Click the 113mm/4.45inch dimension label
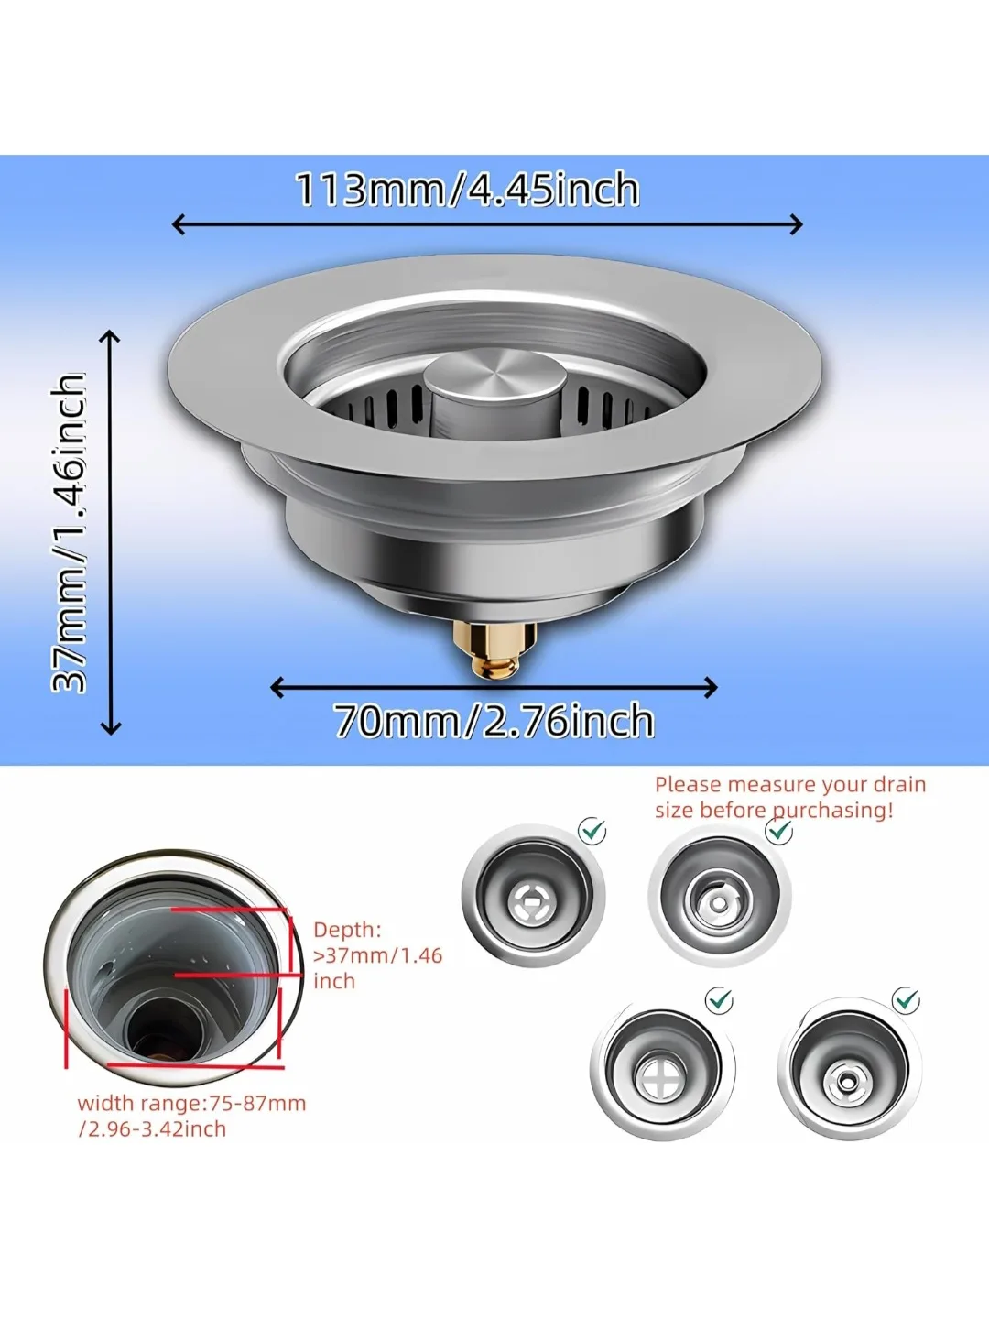467,190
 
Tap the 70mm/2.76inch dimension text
494,721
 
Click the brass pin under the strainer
495,649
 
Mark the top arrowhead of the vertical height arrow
110,336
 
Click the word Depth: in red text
347,930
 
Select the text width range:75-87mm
191,1103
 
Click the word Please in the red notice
688,785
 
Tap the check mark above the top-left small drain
593,831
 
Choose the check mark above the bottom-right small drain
907,999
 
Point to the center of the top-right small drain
720,903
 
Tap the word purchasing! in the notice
832,811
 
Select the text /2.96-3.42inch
152,1128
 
